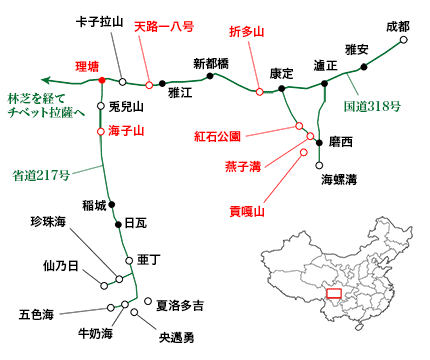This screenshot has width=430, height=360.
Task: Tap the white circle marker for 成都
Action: (404, 42)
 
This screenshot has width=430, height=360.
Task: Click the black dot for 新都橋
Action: (209, 75)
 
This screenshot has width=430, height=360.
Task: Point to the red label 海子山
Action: (127, 130)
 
